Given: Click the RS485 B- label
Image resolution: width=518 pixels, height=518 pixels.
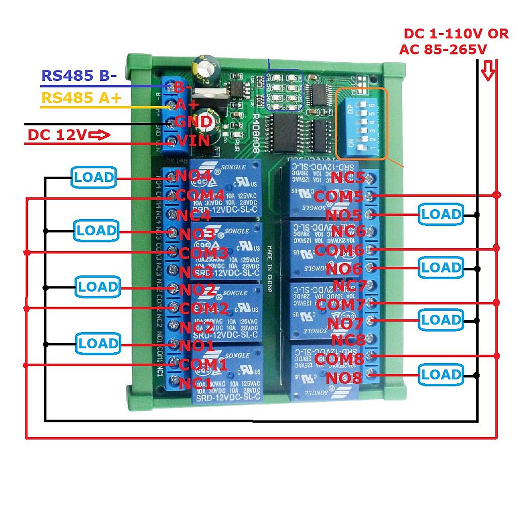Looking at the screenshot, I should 79,76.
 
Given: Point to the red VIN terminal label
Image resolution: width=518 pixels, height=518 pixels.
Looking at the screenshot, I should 193,140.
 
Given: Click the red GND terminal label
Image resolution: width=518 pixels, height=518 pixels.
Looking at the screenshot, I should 193,122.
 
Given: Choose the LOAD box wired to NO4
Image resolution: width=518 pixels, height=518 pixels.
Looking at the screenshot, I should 93,177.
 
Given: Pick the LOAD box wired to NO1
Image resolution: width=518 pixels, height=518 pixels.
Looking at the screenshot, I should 97,343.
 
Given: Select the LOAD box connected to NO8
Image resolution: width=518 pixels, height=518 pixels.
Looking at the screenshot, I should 441,374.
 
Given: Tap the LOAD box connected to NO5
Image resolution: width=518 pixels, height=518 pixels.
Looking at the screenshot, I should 440,214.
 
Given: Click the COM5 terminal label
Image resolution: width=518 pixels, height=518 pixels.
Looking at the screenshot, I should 339,196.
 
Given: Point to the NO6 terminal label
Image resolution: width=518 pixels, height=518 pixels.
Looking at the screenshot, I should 344,268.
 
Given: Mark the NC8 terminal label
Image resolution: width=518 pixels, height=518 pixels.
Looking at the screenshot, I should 349,340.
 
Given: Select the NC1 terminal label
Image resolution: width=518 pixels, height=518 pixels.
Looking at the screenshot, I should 195,383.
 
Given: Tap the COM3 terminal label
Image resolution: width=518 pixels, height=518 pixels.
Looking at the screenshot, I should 203,253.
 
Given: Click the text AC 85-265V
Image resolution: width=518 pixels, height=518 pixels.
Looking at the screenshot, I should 443,50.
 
